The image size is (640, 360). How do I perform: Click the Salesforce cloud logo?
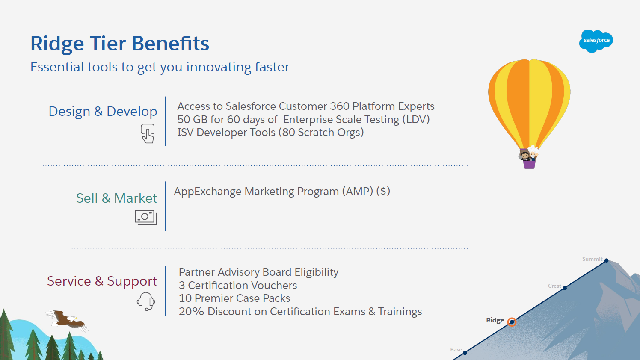[596, 41]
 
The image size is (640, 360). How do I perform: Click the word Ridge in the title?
[57, 44]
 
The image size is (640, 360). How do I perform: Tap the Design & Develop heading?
[103, 111]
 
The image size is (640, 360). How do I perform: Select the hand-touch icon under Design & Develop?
[148, 133]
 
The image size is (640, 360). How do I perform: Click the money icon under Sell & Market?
[146, 218]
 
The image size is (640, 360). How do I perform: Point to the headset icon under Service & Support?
[146, 301]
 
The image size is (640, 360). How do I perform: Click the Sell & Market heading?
[116, 198]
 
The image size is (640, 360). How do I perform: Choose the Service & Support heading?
[102, 281]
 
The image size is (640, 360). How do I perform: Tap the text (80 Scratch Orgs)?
[321, 133]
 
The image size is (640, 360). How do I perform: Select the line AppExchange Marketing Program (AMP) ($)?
[282, 191]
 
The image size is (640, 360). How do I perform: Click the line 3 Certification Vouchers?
[238, 286]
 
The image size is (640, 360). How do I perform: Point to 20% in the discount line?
[191, 311]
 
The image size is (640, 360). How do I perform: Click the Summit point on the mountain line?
[607, 260]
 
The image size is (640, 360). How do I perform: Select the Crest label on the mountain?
[554, 286]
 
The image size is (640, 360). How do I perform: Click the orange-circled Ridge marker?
[512, 322]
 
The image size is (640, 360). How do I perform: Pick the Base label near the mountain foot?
[456, 350]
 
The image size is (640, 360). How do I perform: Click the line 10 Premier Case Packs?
[234, 298]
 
